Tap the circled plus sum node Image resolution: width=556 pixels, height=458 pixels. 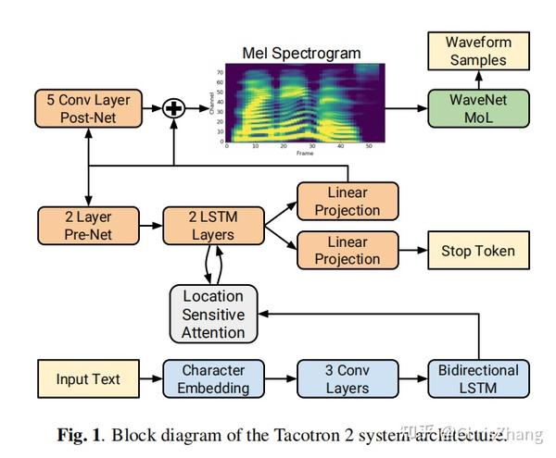pyautogui.click(x=174, y=108)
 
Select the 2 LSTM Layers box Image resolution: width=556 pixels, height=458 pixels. pyautogui.click(x=212, y=226)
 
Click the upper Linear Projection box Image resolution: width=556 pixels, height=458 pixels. pyautogui.click(x=347, y=201)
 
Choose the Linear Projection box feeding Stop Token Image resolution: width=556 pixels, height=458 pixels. pyautogui.click(x=347, y=250)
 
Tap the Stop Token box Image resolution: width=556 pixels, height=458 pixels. pyautogui.click(x=477, y=250)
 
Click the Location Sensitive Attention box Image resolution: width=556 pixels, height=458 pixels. pyautogui.click(x=213, y=314)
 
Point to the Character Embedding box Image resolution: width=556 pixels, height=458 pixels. pyautogui.click(x=212, y=379)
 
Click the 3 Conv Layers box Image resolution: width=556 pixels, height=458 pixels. pyautogui.click(x=347, y=379)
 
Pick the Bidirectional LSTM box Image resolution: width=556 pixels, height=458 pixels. pyautogui.click(x=477, y=379)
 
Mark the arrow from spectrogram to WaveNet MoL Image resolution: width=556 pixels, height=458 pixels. pyautogui.click(x=406, y=108)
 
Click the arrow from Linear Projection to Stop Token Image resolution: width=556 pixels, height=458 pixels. pyautogui.click(x=411, y=250)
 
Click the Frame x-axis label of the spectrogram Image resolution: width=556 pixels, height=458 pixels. pyautogui.click(x=304, y=153)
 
